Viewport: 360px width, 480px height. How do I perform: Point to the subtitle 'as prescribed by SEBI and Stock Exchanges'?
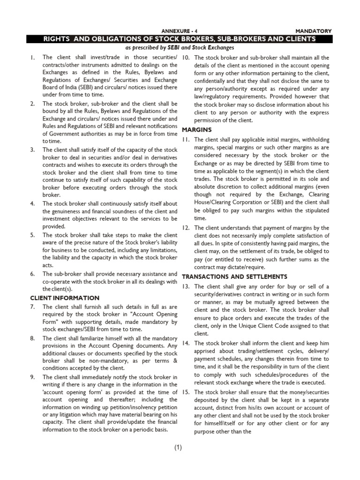click(x=180, y=48)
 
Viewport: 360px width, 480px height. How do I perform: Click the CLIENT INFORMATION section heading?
click(x=65, y=298)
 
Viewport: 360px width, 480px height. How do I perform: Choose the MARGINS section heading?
click(x=196, y=129)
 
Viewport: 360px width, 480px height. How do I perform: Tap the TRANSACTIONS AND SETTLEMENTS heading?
click(x=234, y=277)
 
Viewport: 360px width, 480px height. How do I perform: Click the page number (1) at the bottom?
click(x=178, y=448)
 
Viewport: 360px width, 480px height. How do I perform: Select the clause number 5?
click(x=32, y=235)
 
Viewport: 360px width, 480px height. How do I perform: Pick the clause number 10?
click(x=185, y=58)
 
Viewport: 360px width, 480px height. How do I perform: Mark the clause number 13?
click(x=185, y=286)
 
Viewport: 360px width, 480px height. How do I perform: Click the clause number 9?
click(x=32, y=377)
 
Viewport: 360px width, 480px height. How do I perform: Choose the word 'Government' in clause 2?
click(x=66, y=134)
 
